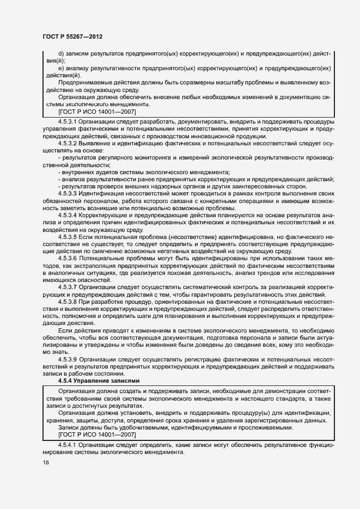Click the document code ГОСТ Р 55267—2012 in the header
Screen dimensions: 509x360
(72, 36)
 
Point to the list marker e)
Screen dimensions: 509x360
(61, 68)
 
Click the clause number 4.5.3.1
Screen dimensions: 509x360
(68, 121)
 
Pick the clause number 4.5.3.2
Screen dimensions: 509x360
(68, 143)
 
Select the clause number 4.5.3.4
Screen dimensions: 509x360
(68, 215)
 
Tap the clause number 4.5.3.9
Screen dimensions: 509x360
(68, 360)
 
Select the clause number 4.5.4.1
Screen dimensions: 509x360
(68, 445)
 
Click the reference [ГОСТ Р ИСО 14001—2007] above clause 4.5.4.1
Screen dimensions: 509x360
(97, 434)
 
